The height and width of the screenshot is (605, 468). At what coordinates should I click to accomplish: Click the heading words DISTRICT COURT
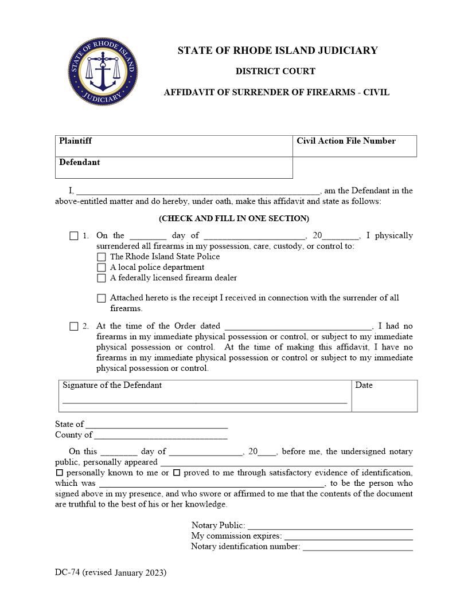pyautogui.click(x=275, y=71)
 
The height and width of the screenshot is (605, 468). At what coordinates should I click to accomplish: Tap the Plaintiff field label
pyautogui.click(x=75, y=140)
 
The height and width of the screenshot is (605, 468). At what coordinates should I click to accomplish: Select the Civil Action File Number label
pyautogui.click(x=346, y=140)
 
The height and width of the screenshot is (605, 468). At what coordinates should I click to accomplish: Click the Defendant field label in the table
pyautogui.click(x=79, y=162)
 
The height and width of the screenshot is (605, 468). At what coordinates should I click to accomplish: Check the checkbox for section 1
pyautogui.click(x=74, y=235)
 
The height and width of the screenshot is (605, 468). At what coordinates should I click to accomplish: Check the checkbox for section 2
pyautogui.click(x=74, y=326)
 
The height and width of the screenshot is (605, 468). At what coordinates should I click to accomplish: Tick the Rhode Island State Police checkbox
pyautogui.click(x=102, y=257)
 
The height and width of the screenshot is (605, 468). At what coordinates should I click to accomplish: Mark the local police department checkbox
pyautogui.click(x=102, y=268)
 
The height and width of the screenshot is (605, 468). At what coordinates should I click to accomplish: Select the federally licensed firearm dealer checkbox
pyautogui.click(x=102, y=278)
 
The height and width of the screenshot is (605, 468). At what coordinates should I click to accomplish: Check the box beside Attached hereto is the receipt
pyautogui.click(x=102, y=298)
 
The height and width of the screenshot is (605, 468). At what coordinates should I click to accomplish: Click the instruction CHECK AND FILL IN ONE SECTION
pyautogui.click(x=233, y=218)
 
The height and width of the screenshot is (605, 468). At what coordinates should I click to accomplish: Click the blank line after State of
pyautogui.click(x=156, y=425)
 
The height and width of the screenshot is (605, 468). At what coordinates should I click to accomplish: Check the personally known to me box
pyautogui.click(x=59, y=473)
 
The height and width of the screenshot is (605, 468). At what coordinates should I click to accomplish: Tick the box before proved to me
pyautogui.click(x=177, y=473)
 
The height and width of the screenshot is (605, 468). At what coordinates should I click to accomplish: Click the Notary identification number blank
pyautogui.click(x=357, y=547)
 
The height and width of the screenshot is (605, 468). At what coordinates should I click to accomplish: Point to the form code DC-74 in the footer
pyautogui.click(x=68, y=572)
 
